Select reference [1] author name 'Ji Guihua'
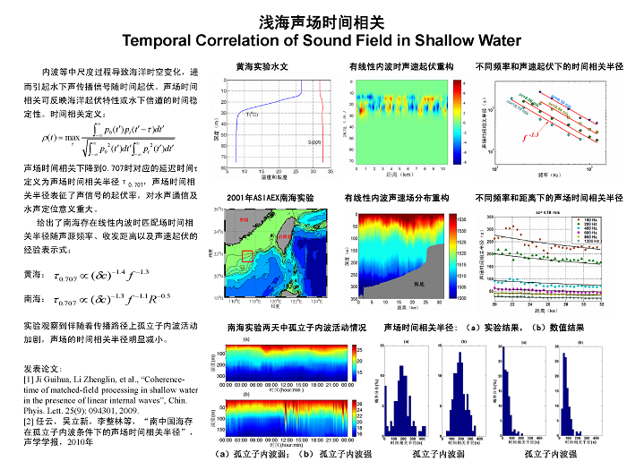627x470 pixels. [x=51, y=379]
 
